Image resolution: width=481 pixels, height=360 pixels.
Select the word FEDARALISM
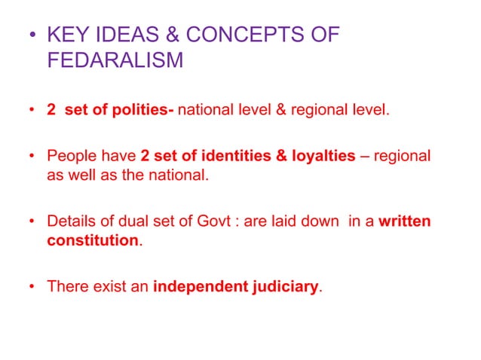coord(115,60)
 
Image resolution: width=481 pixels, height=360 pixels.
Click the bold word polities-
coord(142,111)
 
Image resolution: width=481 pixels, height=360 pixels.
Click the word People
coord(69,157)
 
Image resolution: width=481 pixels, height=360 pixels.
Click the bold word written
coord(405,222)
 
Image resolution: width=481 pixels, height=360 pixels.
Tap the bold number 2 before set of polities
coord(51,111)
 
